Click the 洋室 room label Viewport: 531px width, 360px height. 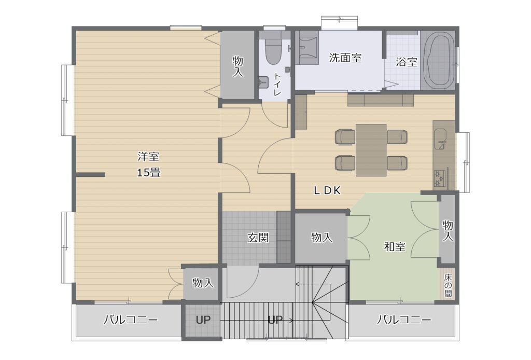tap(148, 157)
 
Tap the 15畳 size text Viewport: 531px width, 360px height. tap(148, 173)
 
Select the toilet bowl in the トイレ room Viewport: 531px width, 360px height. tap(272, 51)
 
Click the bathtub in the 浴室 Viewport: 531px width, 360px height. tap(439, 60)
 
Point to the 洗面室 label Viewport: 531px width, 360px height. tap(345, 58)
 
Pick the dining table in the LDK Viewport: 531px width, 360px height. tap(371, 150)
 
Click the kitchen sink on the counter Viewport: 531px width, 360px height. tap(441, 139)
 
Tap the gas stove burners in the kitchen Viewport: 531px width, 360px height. tap(440, 178)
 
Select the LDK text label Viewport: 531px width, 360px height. tap(327, 191)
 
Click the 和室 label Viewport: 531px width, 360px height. tap(395, 246)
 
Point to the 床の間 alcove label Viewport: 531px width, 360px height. tap(448, 285)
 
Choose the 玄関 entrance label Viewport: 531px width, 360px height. tap(258, 238)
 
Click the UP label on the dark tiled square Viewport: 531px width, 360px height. tap(203, 320)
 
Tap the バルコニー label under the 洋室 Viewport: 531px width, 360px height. tap(130, 320)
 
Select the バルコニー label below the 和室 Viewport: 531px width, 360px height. tap(404, 320)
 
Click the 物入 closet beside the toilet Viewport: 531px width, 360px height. tap(237, 65)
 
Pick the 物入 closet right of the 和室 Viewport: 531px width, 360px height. tap(448, 229)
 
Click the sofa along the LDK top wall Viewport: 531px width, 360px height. tap(381, 100)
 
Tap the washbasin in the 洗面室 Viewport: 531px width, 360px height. tap(307, 48)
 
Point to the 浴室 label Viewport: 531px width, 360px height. tap(407, 62)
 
